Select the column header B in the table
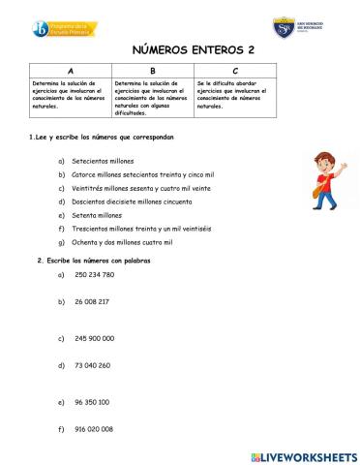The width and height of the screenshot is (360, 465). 152,72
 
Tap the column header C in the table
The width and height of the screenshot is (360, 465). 235,72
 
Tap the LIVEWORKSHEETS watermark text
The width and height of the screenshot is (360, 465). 310,455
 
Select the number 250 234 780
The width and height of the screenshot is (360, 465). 94,274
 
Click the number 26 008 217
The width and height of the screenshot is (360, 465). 91,301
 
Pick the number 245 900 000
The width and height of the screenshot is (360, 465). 94,338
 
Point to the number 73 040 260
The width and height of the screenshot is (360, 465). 92,365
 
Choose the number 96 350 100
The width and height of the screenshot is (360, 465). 91,401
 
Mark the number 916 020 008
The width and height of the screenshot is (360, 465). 93,428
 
